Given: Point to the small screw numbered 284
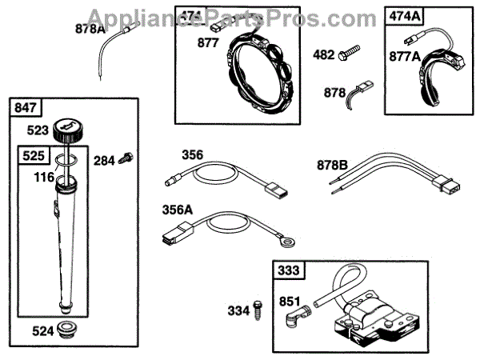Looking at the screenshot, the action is [125, 159].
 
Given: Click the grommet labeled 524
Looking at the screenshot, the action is [71, 328].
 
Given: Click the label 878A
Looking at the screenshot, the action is [90, 30].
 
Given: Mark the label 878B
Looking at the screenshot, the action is [332, 166].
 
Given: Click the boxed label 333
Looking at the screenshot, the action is [290, 271].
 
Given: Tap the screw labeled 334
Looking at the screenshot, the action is [259, 310].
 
